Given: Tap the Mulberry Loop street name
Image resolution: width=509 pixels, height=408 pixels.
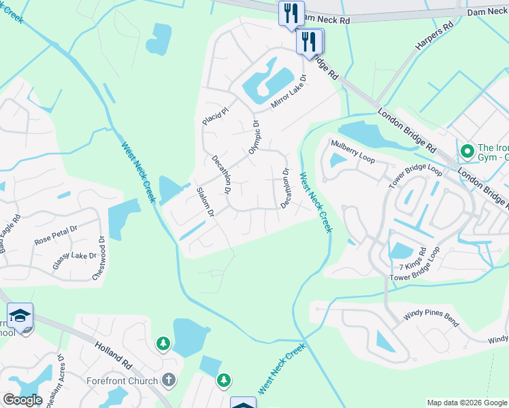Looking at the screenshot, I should point(352,151).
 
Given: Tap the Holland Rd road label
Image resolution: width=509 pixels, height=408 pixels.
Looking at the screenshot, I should point(113,355).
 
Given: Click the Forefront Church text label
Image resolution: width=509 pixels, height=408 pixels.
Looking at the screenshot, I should point(122,381).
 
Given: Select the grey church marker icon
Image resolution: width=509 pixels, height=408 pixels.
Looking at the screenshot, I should point(169,381).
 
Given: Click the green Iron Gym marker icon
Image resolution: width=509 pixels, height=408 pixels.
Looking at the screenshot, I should point(467,150).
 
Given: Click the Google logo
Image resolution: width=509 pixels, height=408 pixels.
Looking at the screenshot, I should point(22,400).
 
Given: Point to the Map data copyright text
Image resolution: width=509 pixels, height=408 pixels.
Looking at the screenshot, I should point(466,403).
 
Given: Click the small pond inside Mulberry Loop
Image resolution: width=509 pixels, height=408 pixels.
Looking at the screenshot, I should point(337,160).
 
